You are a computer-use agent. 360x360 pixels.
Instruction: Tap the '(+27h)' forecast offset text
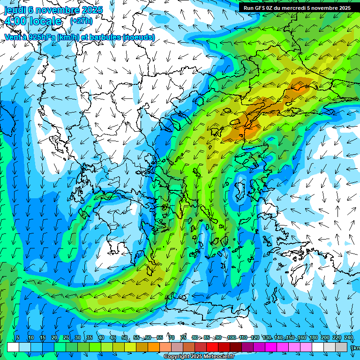pyautogui.click(x=81, y=21)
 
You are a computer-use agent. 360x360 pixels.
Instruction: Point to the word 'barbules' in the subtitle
pyautogui.click(x=100, y=37)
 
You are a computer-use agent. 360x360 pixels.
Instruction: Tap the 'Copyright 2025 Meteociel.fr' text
pyautogui.click(x=199, y=357)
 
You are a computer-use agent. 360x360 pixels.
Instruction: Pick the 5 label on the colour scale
pyautogui.click(x=18, y=338)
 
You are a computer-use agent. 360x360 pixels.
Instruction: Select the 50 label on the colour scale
pyautogui.click(x=125, y=338)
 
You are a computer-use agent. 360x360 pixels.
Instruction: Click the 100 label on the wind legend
pyautogui.click(x=231, y=338)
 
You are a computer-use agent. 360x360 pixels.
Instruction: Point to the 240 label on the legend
pyautogui.click(x=349, y=338)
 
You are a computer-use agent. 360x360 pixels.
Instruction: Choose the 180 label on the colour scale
pyautogui.click(x=313, y=338)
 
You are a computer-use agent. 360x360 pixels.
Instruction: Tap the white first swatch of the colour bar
pyautogui.click(x=13, y=347)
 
